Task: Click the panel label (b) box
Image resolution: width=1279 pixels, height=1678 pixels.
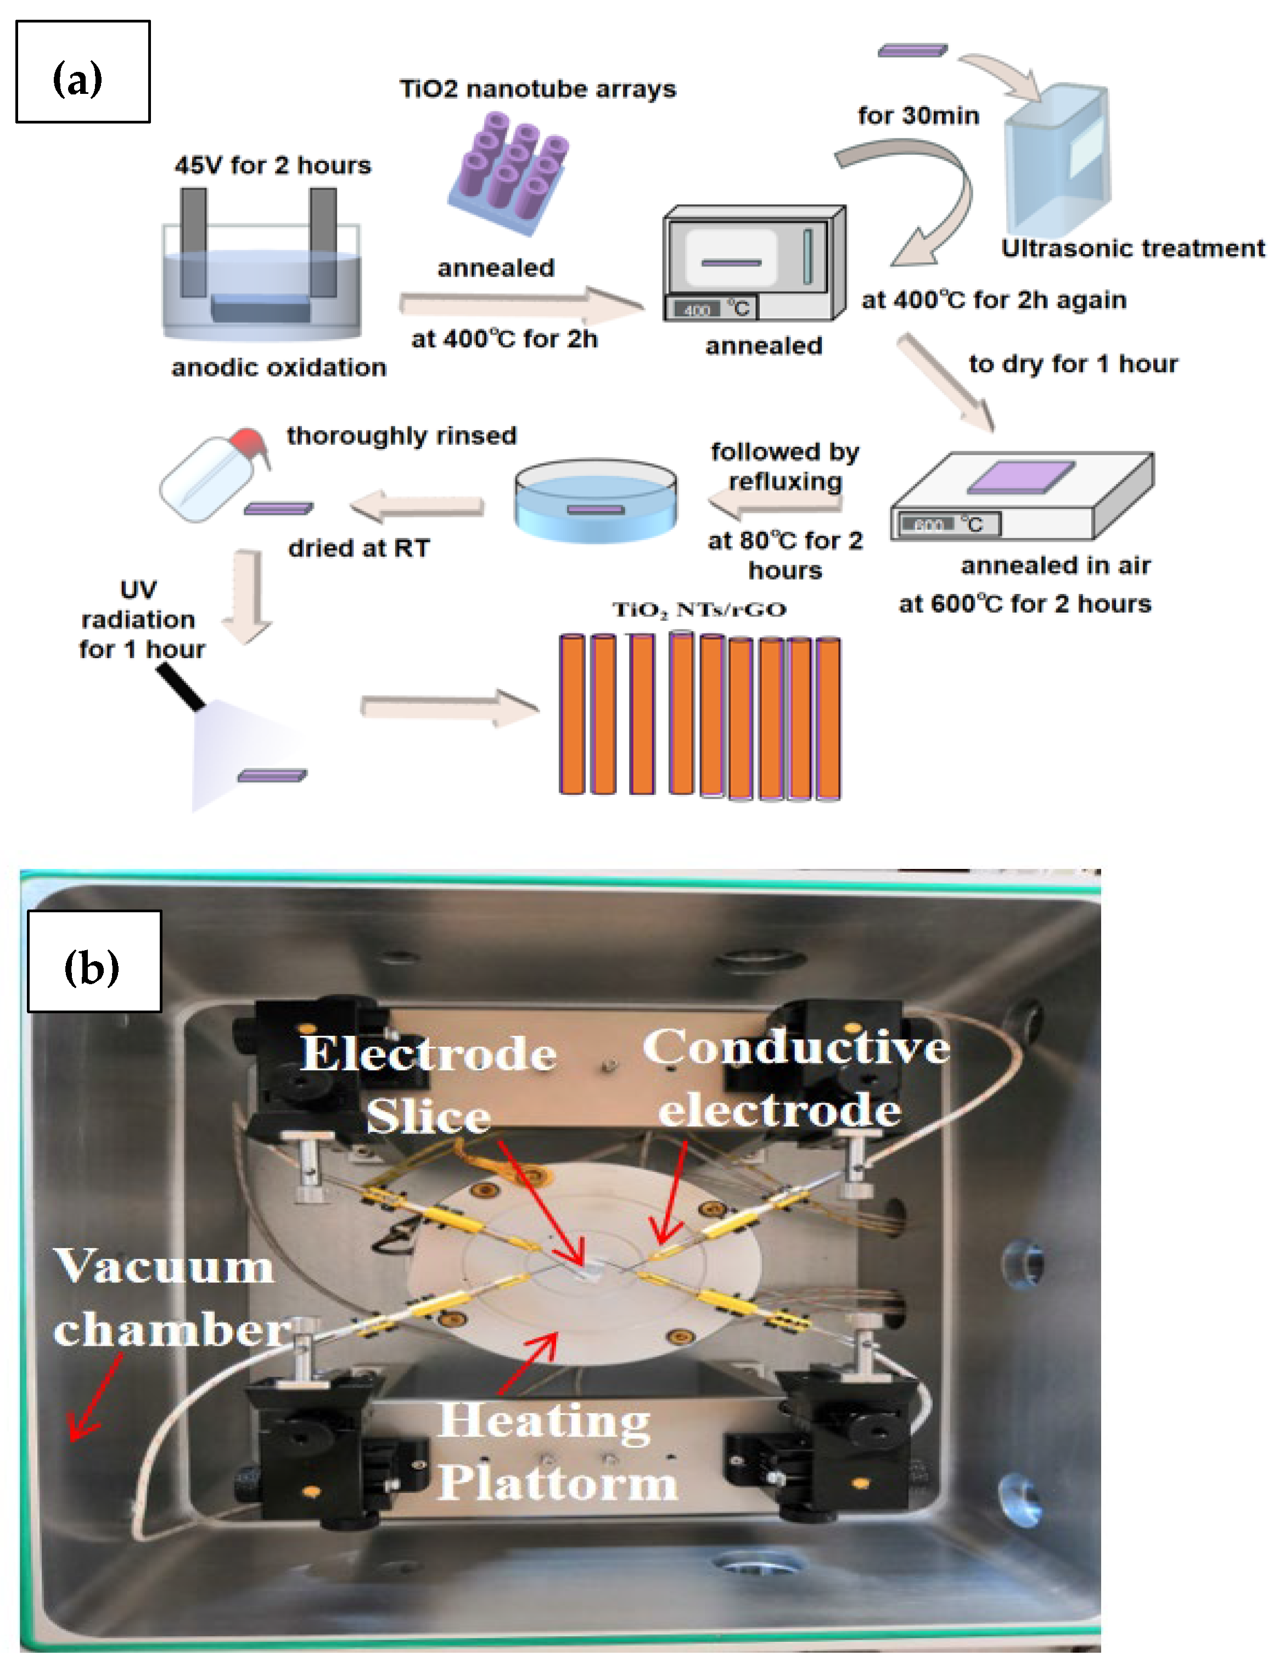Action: click(x=94, y=961)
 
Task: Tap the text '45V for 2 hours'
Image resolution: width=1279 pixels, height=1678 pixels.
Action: click(x=273, y=165)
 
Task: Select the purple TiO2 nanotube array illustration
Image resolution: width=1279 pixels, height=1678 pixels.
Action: click(x=508, y=172)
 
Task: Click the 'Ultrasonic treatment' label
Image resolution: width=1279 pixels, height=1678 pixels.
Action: click(x=1132, y=248)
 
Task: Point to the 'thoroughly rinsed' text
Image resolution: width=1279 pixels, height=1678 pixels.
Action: click(x=401, y=435)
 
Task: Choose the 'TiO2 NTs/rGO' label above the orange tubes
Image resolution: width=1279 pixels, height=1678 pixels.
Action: click(x=699, y=609)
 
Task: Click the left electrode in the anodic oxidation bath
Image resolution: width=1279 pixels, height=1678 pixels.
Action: click(x=193, y=242)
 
